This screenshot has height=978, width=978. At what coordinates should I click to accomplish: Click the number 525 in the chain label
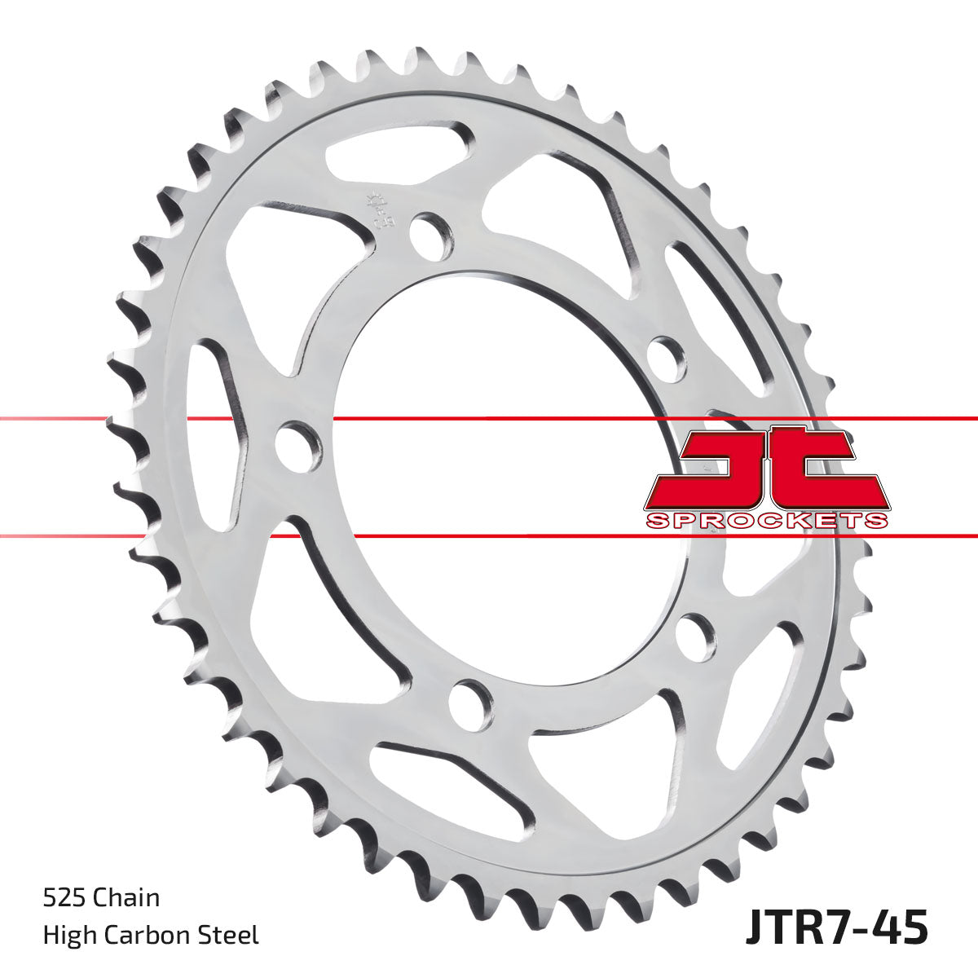[64, 898]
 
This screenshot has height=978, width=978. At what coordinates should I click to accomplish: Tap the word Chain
[126, 898]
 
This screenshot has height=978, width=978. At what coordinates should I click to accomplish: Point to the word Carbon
[151, 935]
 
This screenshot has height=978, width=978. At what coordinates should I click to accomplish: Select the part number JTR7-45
[836, 929]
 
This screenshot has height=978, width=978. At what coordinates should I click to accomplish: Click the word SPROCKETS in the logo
[766, 521]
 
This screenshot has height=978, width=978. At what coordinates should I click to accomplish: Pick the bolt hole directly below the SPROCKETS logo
[695, 635]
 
